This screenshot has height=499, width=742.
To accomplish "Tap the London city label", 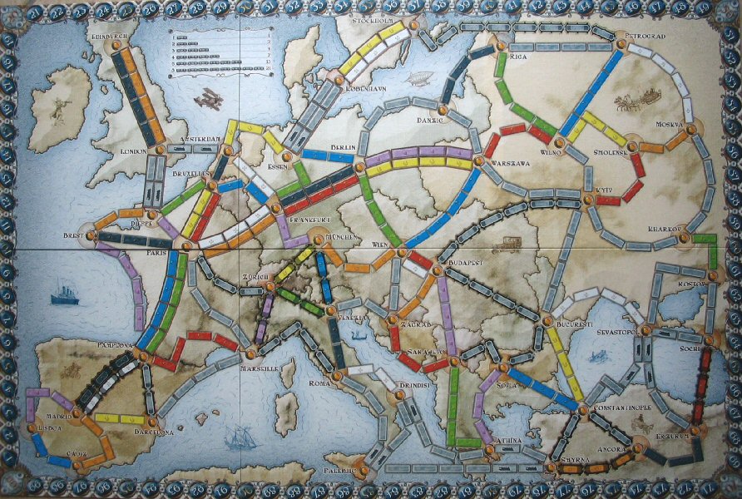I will point(133,152).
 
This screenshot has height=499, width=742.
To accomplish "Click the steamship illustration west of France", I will point(65,295).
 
